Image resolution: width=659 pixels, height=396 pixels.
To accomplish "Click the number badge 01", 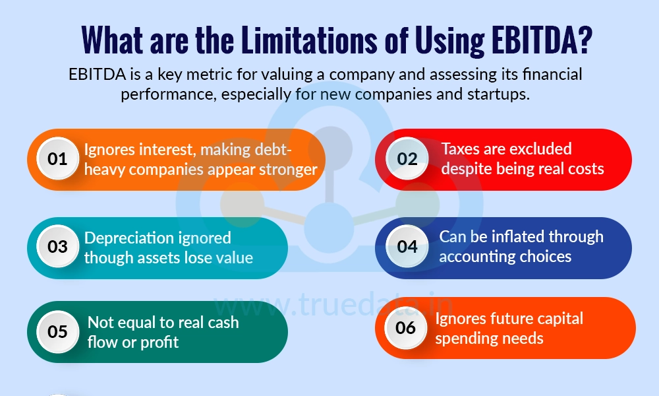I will tap(58, 159).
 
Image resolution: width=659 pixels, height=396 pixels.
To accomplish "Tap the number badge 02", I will tap(407, 159).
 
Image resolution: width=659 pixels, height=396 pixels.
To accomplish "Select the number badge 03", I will tap(58, 247).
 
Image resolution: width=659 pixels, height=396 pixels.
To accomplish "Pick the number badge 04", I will tap(407, 247).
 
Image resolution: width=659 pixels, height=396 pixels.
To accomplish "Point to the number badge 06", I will tap(406, 327).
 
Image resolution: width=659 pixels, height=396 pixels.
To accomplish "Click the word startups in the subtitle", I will tap(500, 94).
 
